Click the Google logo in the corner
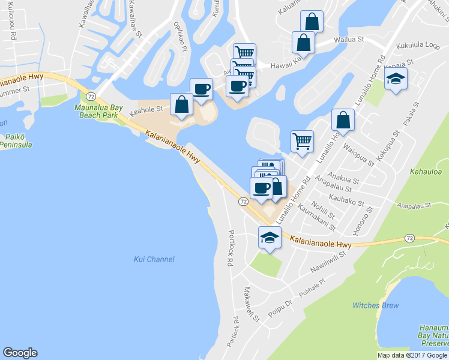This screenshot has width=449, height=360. coord(20,353)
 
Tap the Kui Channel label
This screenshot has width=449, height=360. coord(154,259)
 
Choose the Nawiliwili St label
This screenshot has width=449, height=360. coord(329,262)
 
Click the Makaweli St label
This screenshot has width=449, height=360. coord(250,304)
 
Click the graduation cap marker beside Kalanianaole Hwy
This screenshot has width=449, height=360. coord(270,238)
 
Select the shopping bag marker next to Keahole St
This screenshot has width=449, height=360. coord(181,104)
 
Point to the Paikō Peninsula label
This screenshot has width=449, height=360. coord(16,140)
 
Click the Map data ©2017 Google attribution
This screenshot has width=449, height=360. coord(412,355)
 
